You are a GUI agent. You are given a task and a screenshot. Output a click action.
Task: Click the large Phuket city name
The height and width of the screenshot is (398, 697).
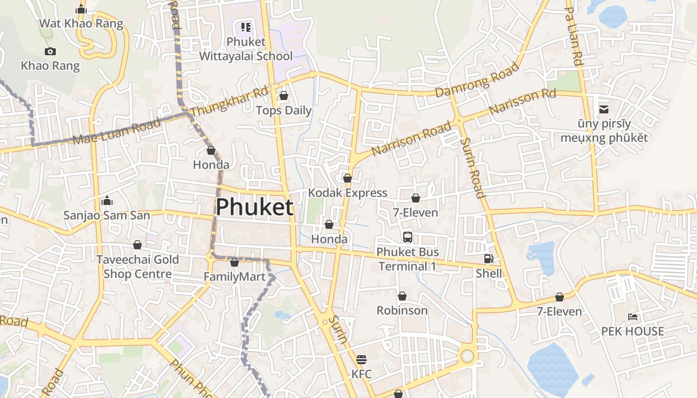(x=254, y=207)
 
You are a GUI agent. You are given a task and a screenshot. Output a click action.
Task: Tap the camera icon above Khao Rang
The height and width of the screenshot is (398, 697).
(x=50, y=51)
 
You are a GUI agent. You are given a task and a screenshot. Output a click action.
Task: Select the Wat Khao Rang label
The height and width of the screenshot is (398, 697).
(x=81, y=23)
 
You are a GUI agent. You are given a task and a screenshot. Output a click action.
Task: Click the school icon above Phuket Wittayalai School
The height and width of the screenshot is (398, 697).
(x=246, y=27)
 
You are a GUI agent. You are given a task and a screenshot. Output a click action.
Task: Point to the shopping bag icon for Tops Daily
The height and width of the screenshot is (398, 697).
(x=284, y=96)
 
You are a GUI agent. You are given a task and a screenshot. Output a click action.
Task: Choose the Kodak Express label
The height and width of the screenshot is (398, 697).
(x=348, y=193)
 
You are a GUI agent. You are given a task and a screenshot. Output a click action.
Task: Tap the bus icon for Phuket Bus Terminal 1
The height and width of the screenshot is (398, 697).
(x=408, y=237)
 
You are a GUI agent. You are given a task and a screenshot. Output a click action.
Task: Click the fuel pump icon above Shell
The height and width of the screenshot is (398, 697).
(x=488, y=259)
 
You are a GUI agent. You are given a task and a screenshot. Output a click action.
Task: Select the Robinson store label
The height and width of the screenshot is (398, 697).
(x=402, y=310)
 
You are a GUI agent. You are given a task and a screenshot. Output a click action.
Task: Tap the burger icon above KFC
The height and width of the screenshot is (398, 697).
(x=361, y=359)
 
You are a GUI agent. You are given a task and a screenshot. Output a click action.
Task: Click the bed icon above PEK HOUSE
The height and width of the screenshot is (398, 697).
(x=632, y=316)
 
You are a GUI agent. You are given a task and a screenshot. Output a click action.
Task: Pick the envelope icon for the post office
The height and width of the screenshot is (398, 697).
(x=604, y=109)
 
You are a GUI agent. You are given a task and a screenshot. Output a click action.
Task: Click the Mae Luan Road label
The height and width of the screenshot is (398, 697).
(x=117, y=131)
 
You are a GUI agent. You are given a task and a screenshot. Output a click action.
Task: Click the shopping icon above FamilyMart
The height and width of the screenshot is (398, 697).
(x=234, y=262)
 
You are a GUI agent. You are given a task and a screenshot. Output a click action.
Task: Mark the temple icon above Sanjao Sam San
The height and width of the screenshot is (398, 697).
(x=107, y=201)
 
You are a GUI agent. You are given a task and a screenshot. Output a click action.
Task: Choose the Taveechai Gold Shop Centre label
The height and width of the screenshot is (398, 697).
(x=137, y=267)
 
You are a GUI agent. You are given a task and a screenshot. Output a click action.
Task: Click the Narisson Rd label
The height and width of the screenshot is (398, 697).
(x=522, y=102)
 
